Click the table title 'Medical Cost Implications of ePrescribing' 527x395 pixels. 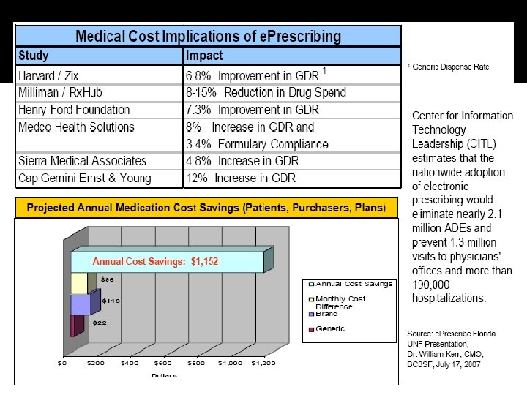[209, 36]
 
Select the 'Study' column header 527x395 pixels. [34, 56]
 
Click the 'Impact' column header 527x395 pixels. [204, 56]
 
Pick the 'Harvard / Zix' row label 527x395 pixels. [48, 75]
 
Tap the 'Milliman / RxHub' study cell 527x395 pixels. [59, 92]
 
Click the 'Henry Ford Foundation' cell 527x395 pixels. [74, 110]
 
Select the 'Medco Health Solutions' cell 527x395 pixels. [76, 127]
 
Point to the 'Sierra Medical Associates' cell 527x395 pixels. [82, 161]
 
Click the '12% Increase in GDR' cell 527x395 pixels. [242, 178]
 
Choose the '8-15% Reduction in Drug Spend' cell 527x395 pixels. [266, 92]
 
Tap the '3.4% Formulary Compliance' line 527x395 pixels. [257, 144]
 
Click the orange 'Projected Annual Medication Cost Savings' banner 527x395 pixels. [206, 208]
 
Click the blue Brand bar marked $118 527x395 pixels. [81, 304]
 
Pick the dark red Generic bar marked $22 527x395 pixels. [73, 326]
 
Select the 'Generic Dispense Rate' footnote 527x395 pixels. [450, 67]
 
